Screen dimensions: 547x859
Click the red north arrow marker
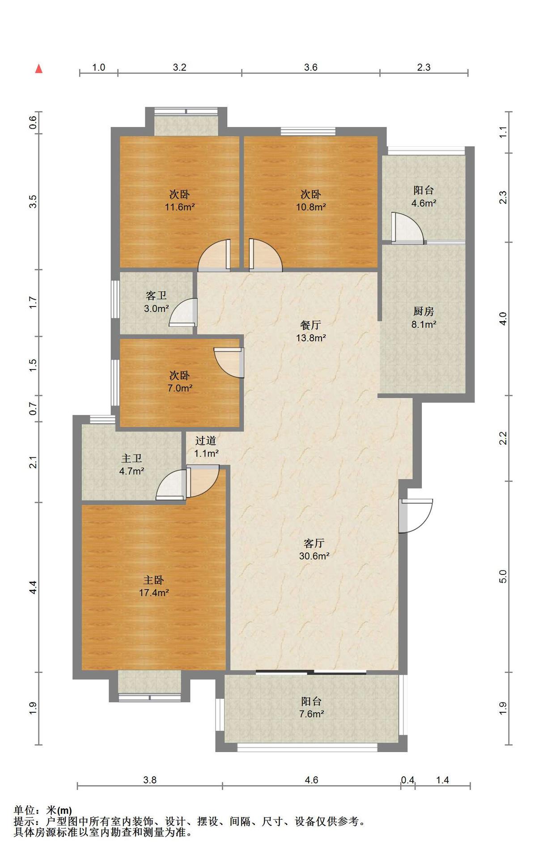click(x=39, y=68)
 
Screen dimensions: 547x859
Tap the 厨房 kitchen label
click(x=423, y=311)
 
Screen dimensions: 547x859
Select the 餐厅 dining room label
click(x=310, y=325)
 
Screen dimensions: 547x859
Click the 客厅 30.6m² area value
click(x=314, y=556)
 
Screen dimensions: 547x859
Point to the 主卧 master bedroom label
click(x=153, y=580)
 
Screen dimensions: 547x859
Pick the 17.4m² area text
click(x=154, y=593)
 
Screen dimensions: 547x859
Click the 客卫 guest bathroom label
click(x=156, y=296)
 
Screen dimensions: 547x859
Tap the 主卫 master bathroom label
click(x=131, y=459)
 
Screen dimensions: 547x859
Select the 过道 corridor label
click(x=206, y=441)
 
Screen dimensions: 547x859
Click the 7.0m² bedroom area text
click(x=180, y=388)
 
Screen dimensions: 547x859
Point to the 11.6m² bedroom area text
click(x=180, y=207)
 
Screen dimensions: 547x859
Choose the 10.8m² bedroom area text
click(x=311, y=207)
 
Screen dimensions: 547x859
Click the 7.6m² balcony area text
click(x=311, y=714)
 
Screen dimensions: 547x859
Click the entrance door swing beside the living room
click(x=416, y=516)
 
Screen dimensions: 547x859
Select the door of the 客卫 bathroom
click(x=183, y=312)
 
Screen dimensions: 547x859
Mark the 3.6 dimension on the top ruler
click(x=311, y=67)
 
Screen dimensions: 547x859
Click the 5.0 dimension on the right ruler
click(x=503, y=576)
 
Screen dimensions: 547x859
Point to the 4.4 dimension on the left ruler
click(x=33, y=587)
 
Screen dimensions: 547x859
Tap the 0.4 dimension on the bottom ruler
click(x=407, y=780)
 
